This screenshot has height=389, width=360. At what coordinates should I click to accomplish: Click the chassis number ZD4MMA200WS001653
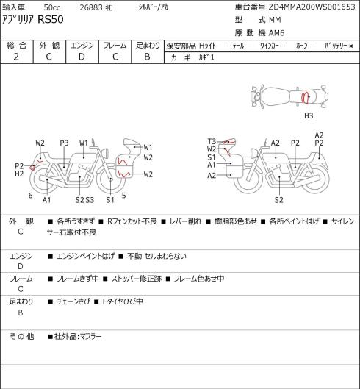[x=312, y=7]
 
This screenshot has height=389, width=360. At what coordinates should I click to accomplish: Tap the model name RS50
[x=51, y=19]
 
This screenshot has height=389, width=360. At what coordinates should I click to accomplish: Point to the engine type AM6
[x=276, y=33]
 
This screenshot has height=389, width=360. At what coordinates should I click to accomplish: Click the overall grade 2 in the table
[x=16, y=57]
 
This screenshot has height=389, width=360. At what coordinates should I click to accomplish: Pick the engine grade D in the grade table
[x=82, y=57]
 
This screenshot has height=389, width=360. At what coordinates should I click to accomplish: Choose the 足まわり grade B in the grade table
[x=147, y=57]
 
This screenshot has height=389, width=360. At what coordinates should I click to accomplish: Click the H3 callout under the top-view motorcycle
[x=309, y=115]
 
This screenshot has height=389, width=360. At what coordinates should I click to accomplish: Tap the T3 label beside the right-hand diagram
[x=212, y=141]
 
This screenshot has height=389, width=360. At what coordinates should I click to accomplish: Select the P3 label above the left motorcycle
[x=64, y=143]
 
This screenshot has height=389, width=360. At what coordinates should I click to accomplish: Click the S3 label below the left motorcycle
[x=90, y=200]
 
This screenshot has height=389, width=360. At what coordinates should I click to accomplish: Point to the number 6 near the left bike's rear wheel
[x=31, y=196]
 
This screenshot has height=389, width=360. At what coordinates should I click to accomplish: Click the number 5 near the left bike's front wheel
[x=123, y=196]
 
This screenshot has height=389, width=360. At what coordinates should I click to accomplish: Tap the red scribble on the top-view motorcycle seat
[x=305, y=97]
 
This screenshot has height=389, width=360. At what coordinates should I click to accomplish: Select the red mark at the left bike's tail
[x=32, y=168]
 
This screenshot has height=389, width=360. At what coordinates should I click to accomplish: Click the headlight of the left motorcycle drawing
[x=106, y=152]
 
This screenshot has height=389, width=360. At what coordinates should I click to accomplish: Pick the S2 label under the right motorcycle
[x=279, y=200]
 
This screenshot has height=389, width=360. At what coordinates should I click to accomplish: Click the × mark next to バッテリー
[x=351, y=46]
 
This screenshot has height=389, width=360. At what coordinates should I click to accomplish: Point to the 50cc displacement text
[x=52, y=7]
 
